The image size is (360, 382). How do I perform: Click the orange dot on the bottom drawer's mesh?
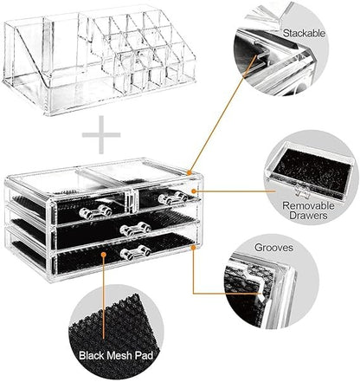click(x=107, y=256)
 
